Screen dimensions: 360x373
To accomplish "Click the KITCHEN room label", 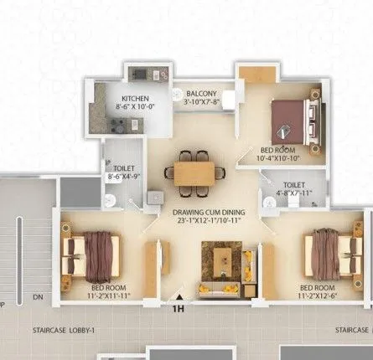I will coord(136,97).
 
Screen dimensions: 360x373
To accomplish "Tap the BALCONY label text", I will coord(201,94).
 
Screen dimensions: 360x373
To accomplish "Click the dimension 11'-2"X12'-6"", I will coord(324,296).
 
